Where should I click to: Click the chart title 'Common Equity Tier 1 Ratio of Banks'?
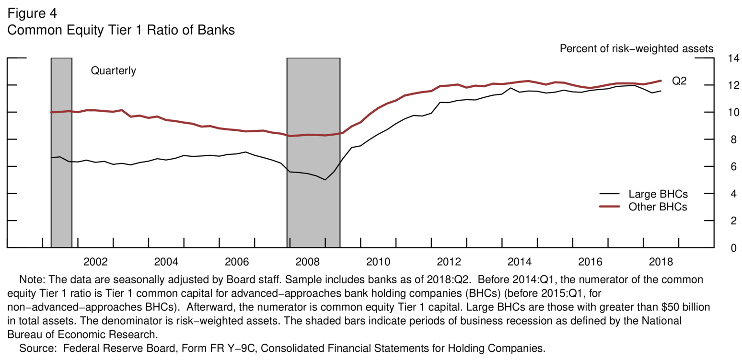pos(121,31)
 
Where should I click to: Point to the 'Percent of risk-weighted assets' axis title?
pos(636,48)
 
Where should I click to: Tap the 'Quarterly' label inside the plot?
pos(114,71)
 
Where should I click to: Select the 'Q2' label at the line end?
pos(679,81)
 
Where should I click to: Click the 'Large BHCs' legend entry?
pos(658,194)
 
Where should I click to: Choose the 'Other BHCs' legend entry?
pos(658,207)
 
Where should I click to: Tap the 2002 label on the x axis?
pos(95,262)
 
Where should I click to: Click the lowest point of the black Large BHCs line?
pos(325,180)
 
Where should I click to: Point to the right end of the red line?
pos(661,81)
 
